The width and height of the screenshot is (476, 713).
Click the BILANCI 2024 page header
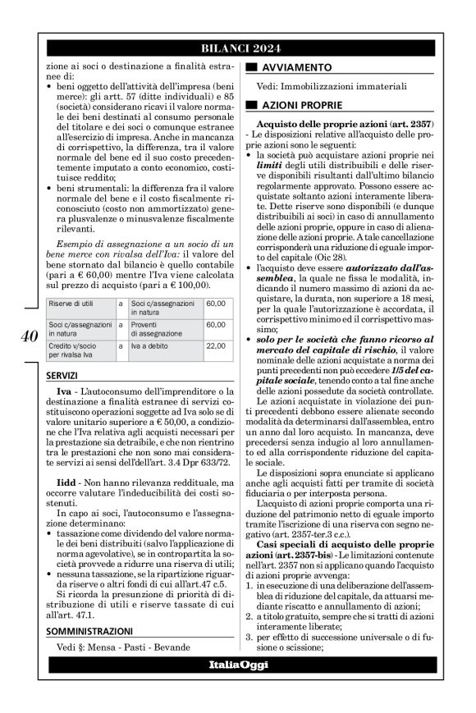pyautogui.click(x=238, y=48)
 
